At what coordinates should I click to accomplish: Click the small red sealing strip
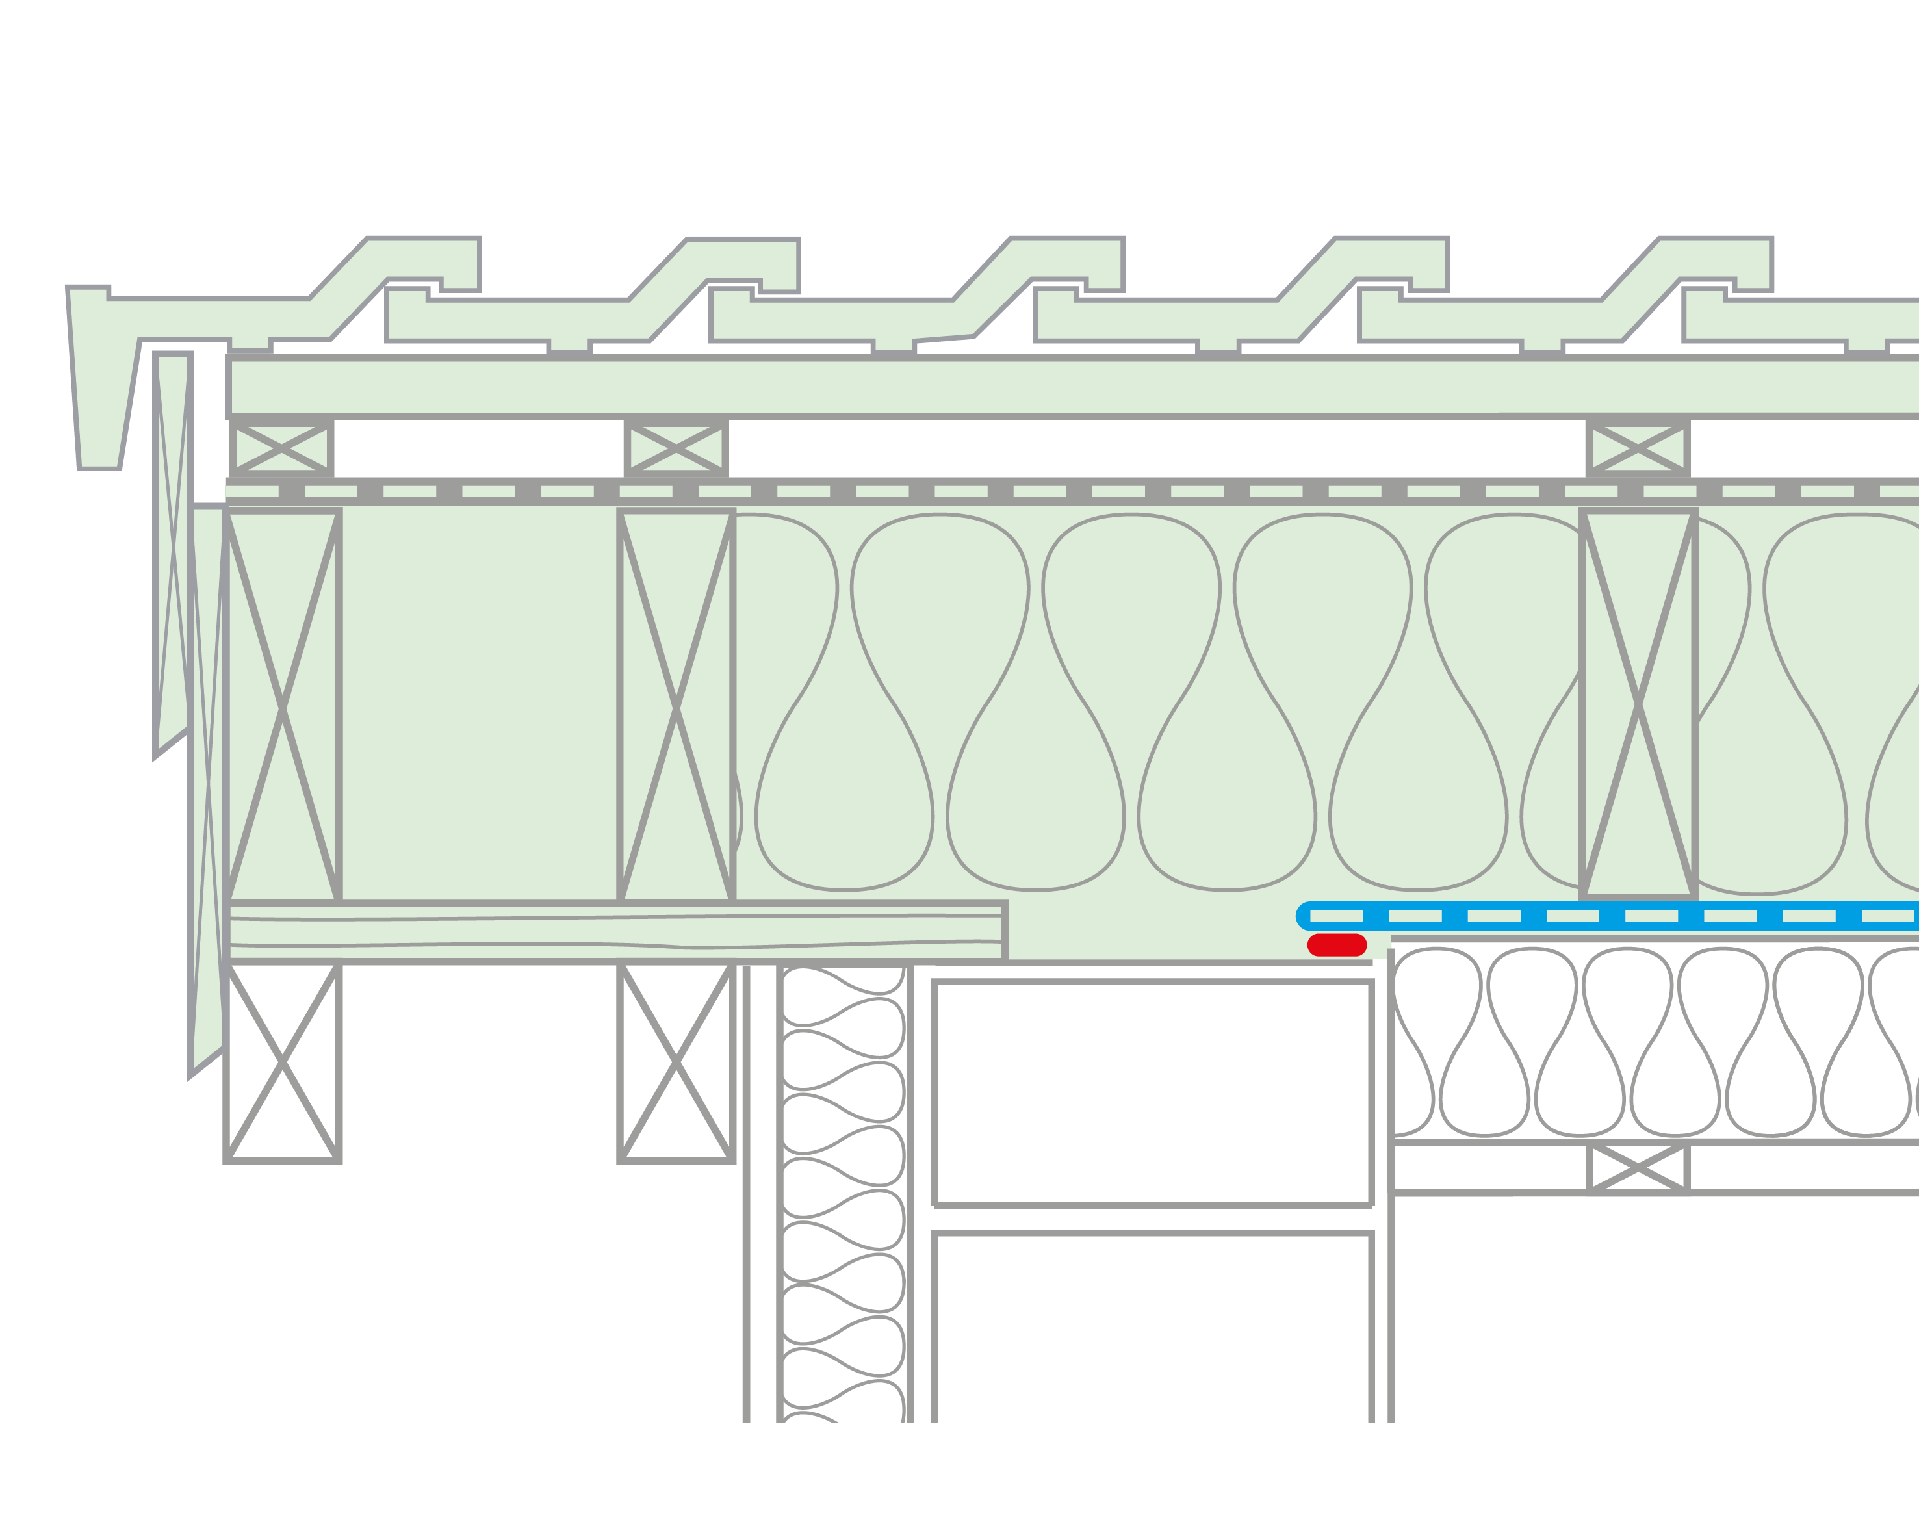[x=1336, y=945]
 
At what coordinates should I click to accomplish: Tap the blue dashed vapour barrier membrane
[x=1602, y=916]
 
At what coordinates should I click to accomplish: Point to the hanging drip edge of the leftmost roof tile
[x=98, y=383]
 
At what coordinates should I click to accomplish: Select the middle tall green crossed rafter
[x=676, y=708]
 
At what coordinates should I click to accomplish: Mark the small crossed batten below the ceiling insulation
[x=1638, y=1167]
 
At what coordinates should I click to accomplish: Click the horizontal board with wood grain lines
[x=614, y=932]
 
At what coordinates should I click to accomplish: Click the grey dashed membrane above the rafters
[x=1068, y=491]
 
